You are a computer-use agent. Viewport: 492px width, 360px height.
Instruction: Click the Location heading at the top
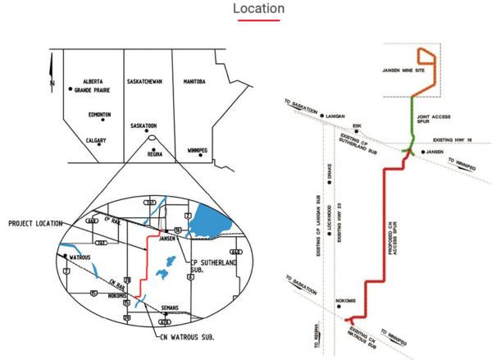tap(258, 9)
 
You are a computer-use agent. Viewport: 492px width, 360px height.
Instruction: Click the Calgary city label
tap(97, 140)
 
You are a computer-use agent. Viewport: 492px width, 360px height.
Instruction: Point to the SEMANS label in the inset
tap(171, 308)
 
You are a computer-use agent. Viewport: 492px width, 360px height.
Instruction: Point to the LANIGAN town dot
tap(324, 116)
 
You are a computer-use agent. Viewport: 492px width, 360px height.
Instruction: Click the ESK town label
tap(357, 126)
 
